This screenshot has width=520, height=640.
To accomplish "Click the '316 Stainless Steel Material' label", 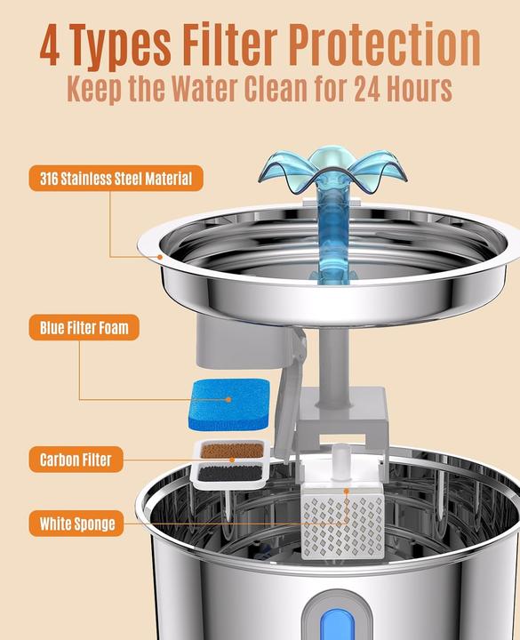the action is pyautogui.click(x=116, y=179).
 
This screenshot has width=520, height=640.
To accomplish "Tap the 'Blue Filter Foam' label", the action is pyautogui.click(x=84, y=327).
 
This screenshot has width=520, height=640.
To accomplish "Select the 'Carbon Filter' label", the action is pyautogui.click(x=76, y=460).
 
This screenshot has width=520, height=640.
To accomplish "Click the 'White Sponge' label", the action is pyautogui.click(x=76, y=524).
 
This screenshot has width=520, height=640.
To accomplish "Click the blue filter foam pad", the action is pyautogui.click(x=229, y=404).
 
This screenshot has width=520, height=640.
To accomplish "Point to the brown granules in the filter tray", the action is pyautogui.click(x=231, y=451).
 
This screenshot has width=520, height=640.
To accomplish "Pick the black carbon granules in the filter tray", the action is pyautogui.click(x=230, y=474).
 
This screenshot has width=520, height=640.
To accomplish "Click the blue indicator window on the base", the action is pyautogui.click(x=337, y=625).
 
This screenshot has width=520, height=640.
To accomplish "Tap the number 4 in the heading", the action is pyautogui.click(x=50, y=45).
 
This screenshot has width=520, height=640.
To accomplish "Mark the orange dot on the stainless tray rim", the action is pyautogui.click(x=160, y=257).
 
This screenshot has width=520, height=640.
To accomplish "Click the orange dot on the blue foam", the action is pyautogui.click(x=228, y=400).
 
